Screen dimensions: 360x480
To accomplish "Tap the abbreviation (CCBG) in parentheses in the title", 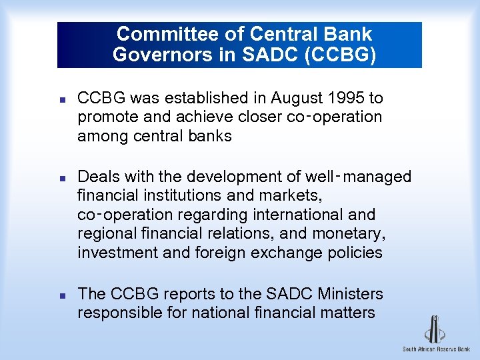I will pyautogui.click(x=340, y=54).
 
